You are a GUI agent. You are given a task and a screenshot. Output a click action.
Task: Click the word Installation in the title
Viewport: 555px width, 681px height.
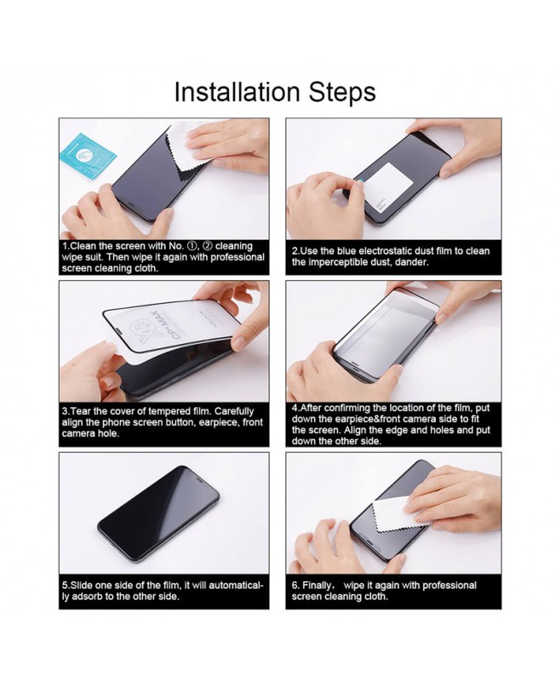(x=237, y=92)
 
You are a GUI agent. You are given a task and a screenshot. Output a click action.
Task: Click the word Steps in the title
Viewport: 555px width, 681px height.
(x=342, y=93)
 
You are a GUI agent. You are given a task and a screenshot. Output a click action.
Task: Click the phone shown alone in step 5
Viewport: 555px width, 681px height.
(x=158, y=515)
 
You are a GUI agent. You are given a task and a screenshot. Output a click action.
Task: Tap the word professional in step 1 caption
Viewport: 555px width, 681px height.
(x=237, y=257)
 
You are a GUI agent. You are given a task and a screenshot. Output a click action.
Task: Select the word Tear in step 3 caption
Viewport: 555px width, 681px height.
(x=80, y=411)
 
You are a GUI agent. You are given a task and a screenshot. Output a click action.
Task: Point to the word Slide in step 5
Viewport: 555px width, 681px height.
(x=81, y=585)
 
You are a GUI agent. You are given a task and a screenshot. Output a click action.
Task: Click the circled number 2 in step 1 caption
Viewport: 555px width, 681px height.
(x=208, y=246)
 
